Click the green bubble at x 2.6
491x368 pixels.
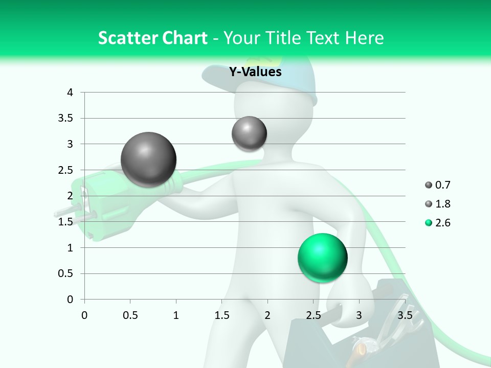point(322,258)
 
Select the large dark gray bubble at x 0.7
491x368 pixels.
point(148,159)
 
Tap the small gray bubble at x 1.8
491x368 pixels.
point(249,133)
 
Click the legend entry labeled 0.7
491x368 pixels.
point(438,185)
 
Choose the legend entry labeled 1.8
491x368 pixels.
point(438,204)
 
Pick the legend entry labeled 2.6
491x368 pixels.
point(438,223)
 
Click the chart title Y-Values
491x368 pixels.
point(255,72)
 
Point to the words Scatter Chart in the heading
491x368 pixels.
point(152,38)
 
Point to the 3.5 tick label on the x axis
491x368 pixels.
point(405,315)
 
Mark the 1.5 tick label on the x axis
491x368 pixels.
point(222,315)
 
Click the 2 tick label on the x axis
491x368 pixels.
point(267,315)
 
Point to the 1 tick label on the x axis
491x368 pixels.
point(176,315)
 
